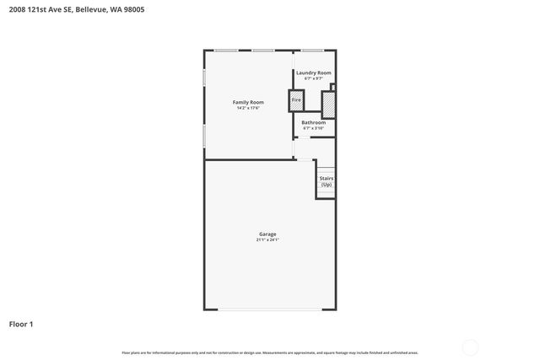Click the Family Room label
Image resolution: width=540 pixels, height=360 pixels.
(248, 102)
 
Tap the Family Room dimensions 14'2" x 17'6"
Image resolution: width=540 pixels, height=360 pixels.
(248, 108)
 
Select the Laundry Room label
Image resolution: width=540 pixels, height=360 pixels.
(313, 73)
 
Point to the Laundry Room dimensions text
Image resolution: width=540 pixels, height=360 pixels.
(313, 78)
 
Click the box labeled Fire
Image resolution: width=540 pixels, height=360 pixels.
(296, 100)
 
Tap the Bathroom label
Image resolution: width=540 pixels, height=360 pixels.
(314, 122)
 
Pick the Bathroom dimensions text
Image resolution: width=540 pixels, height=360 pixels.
(314, 128)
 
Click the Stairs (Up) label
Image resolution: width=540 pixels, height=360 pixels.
(327, 181)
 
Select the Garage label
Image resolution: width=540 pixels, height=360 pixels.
(267, 234)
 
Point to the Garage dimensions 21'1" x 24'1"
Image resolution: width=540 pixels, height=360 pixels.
(267, 239)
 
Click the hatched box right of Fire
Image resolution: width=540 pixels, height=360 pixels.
(329, 105)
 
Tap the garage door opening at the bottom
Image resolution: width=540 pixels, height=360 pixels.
(270, 309)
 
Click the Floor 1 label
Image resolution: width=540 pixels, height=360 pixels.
(21, 324)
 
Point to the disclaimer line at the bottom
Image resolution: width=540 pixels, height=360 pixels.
(270, 352)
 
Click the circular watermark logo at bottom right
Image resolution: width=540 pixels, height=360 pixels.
(471, 347)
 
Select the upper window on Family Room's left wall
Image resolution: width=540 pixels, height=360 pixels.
(204, 77)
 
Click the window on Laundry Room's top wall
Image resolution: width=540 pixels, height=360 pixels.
(312, 51)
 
